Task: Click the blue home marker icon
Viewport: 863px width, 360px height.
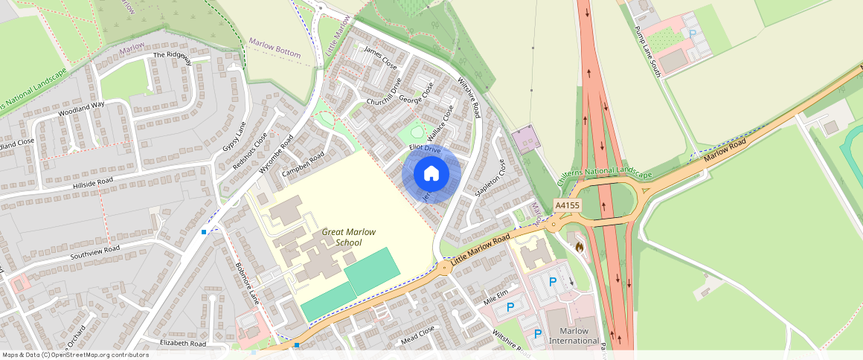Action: coord(431,174)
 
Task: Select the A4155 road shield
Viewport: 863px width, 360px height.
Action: coord(567,205)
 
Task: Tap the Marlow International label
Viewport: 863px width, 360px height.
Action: coord(574,336)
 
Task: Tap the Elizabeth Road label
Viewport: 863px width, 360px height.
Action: coord(182,344)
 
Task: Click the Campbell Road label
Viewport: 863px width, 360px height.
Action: coord(303,164)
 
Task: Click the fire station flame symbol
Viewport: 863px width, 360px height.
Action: coord(579,245)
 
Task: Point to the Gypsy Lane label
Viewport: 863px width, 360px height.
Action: coord(234,137)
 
